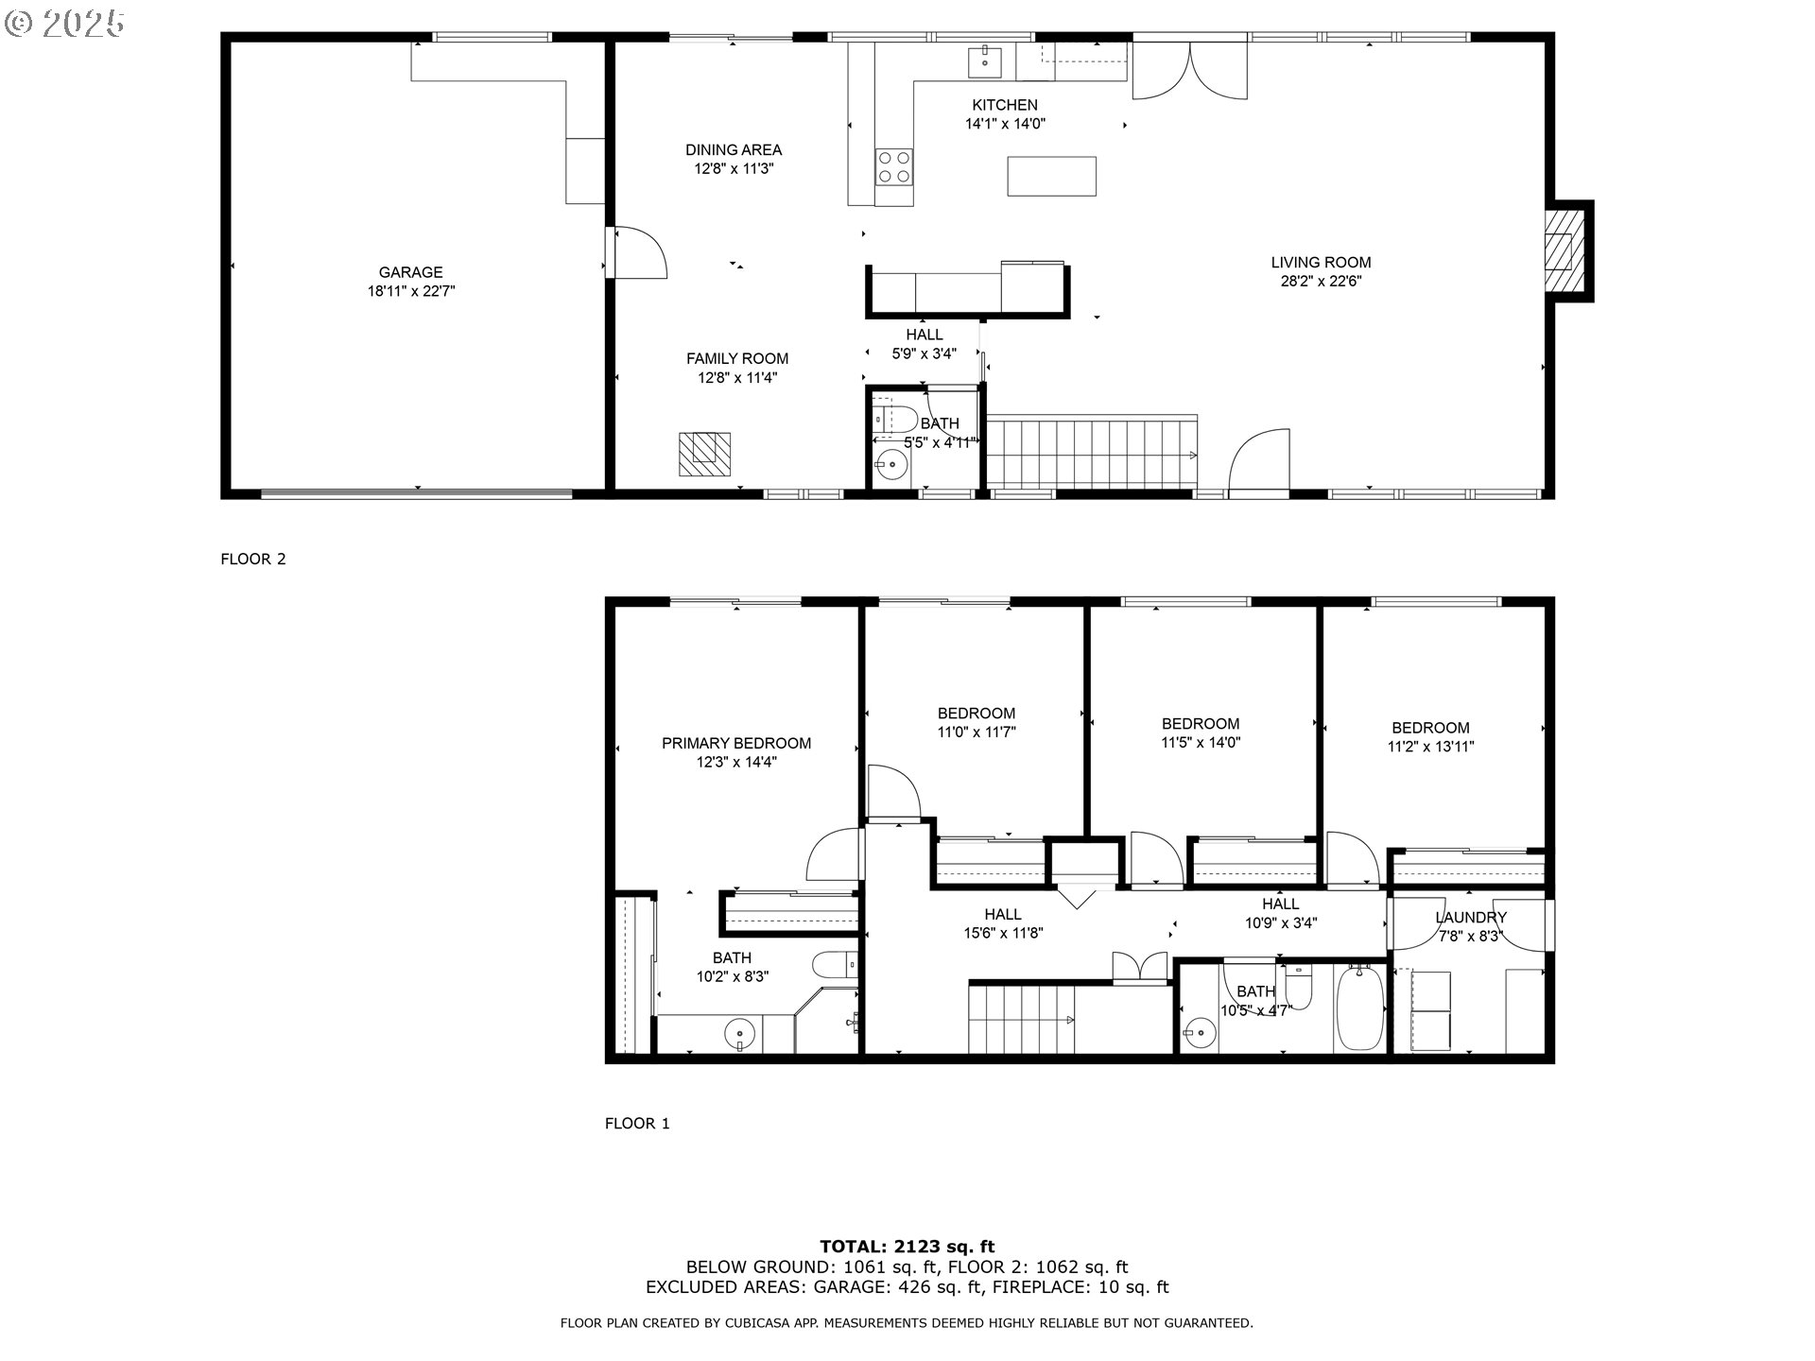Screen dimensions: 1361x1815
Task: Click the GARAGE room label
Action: (410, 272)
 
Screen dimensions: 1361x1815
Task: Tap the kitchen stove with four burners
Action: (893, 168)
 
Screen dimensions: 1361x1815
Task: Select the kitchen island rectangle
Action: (1051, 177)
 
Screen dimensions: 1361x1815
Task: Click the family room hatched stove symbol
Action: (704, 454)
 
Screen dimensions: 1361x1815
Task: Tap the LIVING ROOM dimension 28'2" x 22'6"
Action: (1320, 282)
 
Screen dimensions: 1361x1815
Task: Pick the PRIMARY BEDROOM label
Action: (735, 744)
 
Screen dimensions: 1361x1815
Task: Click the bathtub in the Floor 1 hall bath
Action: (1358, 1008)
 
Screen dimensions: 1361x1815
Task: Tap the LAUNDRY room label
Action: (1470, 918)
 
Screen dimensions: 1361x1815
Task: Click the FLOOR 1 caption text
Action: (637, 1123)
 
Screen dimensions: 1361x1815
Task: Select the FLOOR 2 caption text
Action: (253, 559)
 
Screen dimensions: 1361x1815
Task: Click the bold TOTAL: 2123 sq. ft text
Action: (907, 1247)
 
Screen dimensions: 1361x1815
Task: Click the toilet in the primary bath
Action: (834, 966)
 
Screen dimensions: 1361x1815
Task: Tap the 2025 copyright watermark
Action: (66, 24)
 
